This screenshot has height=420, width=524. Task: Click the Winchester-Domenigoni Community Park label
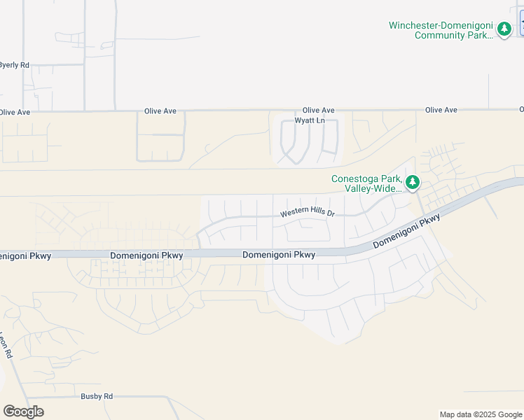coord(441,30)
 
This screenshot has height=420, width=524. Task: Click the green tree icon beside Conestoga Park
coord(413,183)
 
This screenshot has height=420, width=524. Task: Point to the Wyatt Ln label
coord(310,120)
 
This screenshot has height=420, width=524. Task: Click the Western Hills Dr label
coord(308,213)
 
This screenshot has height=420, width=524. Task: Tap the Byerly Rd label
coord(15,65)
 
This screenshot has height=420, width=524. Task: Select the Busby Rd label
coord(97,396)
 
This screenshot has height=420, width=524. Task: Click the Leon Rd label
coord(7,345)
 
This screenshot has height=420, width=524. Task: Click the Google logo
coord(23,412)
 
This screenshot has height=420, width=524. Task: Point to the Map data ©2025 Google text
coord(481,414)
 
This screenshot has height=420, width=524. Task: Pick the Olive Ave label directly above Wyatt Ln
coord(319,111)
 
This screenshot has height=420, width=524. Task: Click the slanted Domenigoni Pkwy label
coord(406,232)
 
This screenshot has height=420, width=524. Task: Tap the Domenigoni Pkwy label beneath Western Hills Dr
coord(279,255)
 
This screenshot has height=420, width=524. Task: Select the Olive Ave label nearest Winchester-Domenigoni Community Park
coord(441,111)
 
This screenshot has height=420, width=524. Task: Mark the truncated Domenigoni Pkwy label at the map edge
coord(25,255)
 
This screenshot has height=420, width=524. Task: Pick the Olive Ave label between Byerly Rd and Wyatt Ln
coord(160,111)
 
